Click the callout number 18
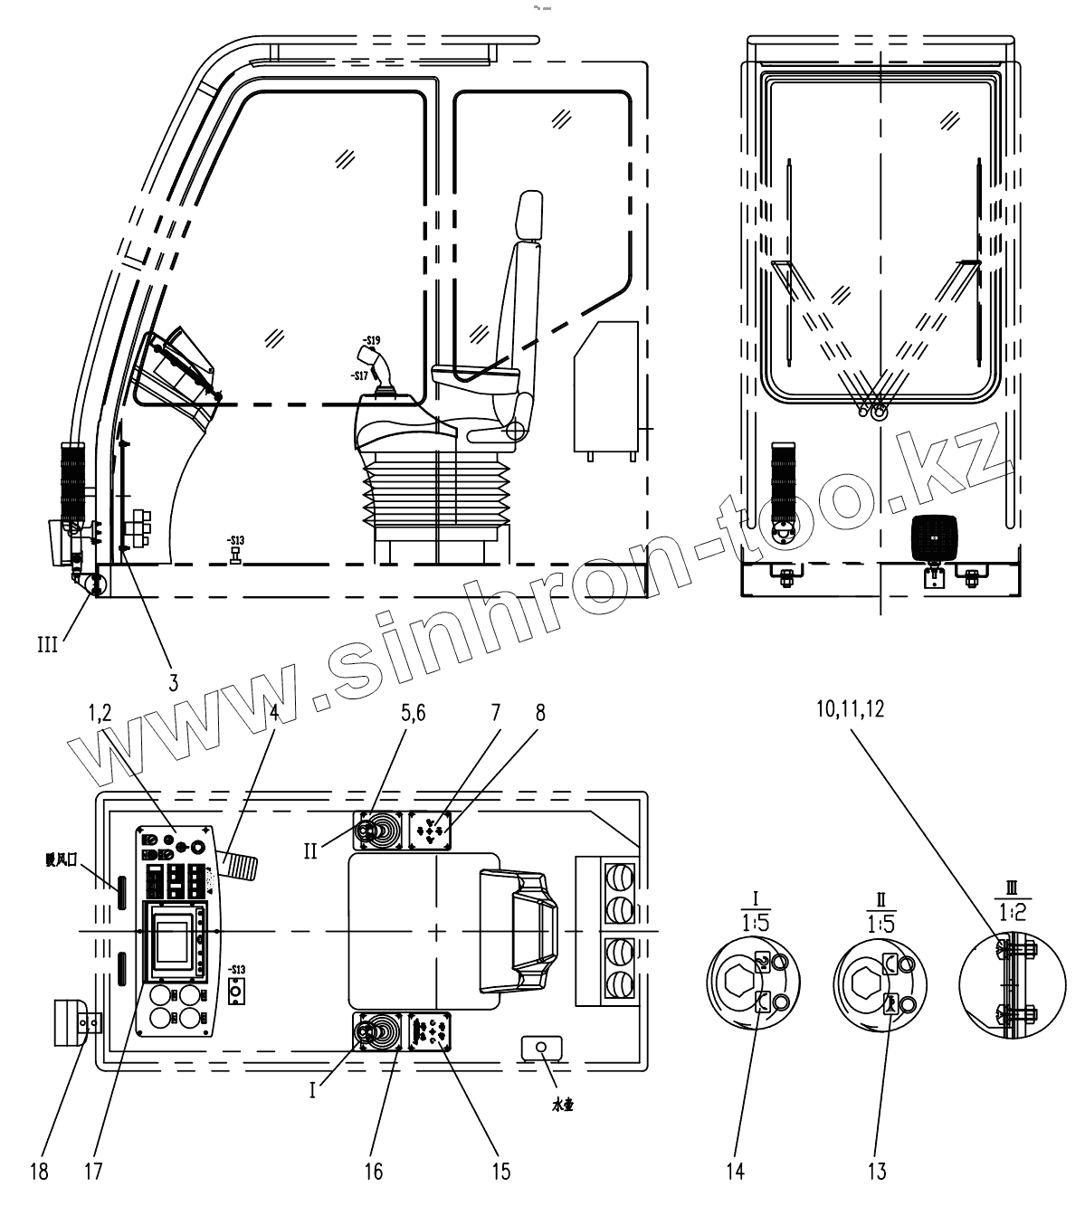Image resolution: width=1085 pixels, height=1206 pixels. tap(38, 1171)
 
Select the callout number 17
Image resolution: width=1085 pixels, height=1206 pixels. tap(93, 1171)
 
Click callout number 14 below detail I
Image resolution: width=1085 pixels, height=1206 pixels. tap(735, 1171)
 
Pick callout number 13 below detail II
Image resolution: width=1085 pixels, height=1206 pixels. tap(877, 1171)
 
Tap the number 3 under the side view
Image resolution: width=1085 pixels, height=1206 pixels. tap(173, 682)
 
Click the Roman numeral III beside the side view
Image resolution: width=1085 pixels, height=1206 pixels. tap(47, 644)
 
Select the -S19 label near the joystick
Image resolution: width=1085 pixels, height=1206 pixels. tap(371, 341)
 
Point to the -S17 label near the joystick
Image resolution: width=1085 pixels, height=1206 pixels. tap(359, 375)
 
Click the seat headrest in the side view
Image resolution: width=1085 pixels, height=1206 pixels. tap(527, 217)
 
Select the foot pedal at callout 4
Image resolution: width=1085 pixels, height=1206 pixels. tap(239, 866)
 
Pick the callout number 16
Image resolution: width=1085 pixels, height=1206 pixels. tap(374, 1171)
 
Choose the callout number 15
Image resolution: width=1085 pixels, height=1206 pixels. tap(500, 1171)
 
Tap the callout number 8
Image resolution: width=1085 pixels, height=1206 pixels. tap(540, 712)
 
